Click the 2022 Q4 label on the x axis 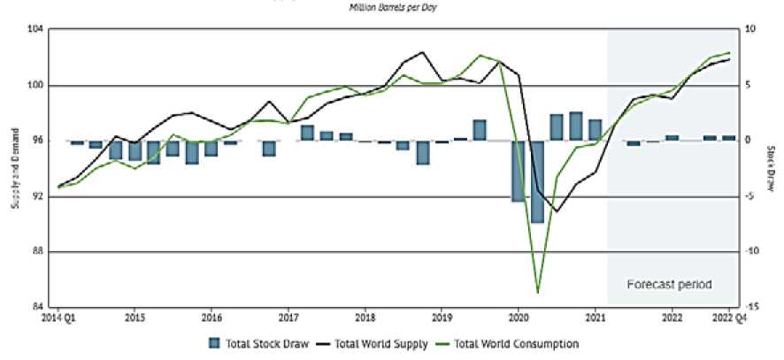tap(728, 316)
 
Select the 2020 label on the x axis tap(519, 316)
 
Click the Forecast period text tap(669, 285)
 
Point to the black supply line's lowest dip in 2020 tap(557, 211)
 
